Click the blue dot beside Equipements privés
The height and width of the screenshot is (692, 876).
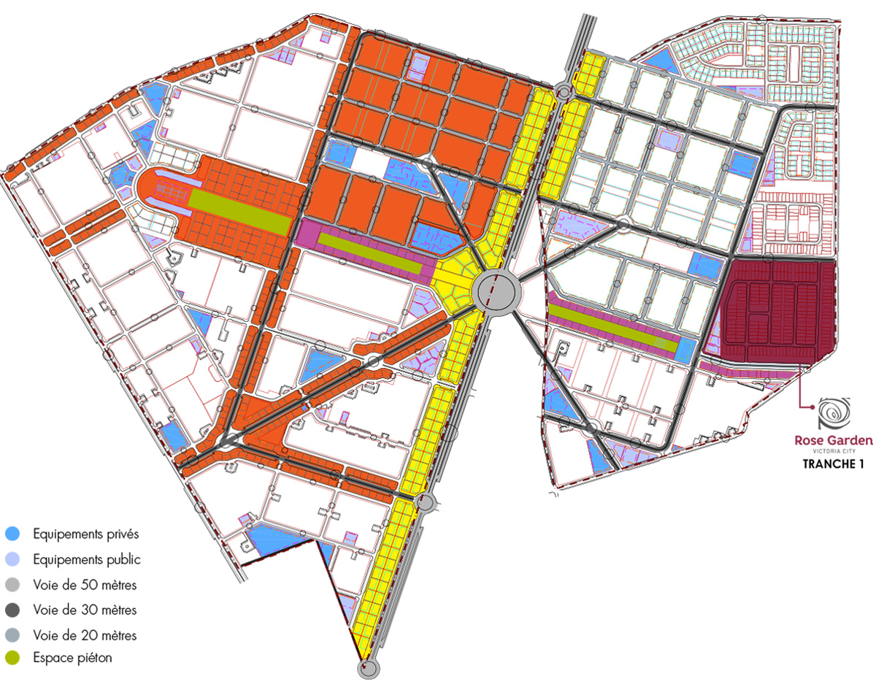tap(13, 534)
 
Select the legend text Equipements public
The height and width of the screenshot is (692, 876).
tap(86, 560)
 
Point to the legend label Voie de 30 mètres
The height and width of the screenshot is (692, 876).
tap(85, 609)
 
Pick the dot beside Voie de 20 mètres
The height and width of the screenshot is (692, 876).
tap(13, 635)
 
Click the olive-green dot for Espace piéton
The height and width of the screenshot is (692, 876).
tap(13, 658)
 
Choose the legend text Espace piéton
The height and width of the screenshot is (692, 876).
tap(72, 658)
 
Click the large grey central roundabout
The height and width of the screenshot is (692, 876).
tap(499, 291)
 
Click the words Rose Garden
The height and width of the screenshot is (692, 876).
tap(833, 440)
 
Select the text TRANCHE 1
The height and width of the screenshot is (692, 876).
tap(833, 464)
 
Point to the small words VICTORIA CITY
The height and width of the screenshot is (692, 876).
tap(833, 452)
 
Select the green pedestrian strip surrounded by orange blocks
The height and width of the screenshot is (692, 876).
tap(239, 212)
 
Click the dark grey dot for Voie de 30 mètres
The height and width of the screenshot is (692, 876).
tap(13, 610)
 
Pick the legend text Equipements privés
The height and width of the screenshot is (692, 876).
tap(85, 534)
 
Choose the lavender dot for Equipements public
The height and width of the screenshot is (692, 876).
tap(13, 560)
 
